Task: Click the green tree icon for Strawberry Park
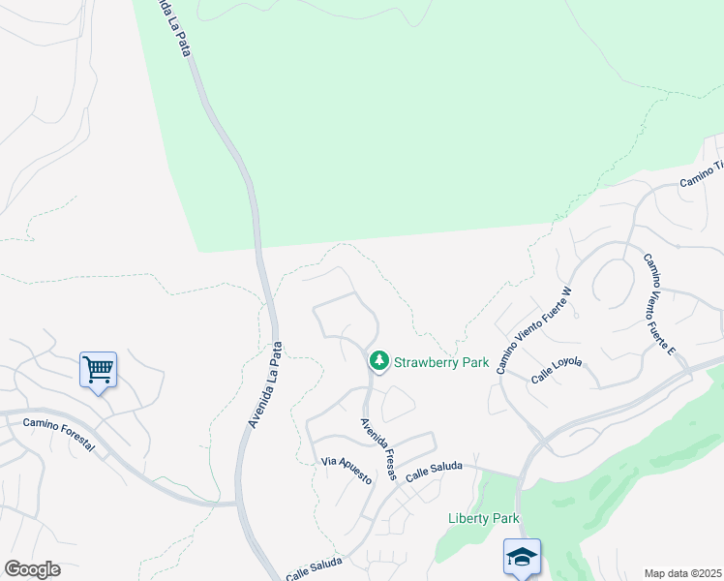tap(378, 361)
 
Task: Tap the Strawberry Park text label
tap(440, 363)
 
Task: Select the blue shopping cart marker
tap(98, 369)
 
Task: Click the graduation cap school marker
tap(522, 558)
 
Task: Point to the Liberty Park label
tap(484, 518)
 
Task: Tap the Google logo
tap(32, 569)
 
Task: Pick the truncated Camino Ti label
tap(702, 175)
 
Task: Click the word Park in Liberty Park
tap(503, 518)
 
